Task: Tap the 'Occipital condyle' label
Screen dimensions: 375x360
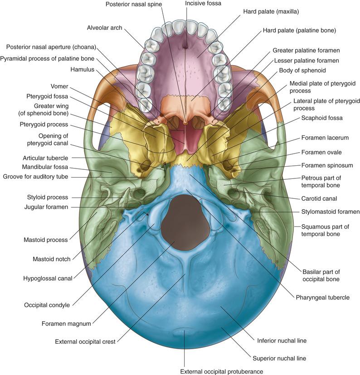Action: (x=47, y=305)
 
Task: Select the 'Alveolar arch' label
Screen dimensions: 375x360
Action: (x=105, y=28)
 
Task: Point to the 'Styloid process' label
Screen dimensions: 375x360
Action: (x=47, y=197)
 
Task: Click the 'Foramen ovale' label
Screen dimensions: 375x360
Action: (x=323, y=152)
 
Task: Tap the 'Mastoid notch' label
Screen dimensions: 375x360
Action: (x=51, y=260)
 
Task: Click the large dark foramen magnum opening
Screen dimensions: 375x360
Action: (x=186, y=222)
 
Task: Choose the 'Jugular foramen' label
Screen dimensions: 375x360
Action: (x=46, y=207)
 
